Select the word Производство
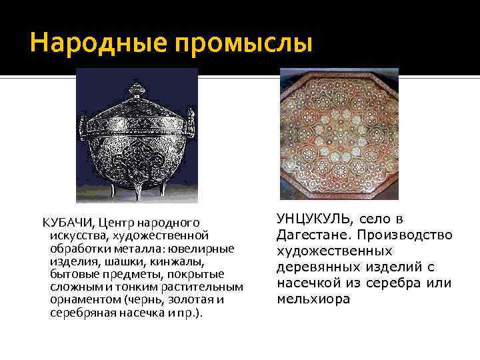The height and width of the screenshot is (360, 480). (x=405, y=235)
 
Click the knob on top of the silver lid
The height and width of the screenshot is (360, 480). (x=138, y=88)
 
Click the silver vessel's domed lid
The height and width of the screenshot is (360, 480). (x=138, y=110)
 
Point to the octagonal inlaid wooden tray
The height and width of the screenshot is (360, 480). (x=339, y=133)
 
